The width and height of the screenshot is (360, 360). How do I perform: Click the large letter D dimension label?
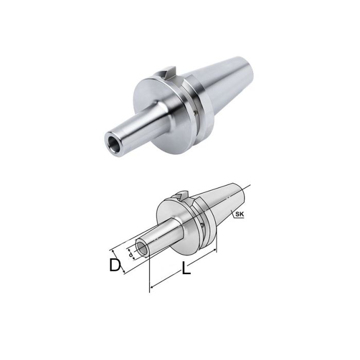click(x=115, y=265)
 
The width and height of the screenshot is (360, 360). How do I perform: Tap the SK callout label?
click(x=238, y=214)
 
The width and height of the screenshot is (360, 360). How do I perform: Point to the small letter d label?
click(x=132, y=254)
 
